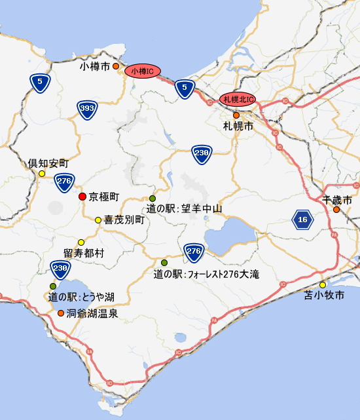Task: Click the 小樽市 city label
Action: (94, 66)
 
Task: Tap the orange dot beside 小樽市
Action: (116, 66)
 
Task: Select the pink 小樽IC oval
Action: (142, 71)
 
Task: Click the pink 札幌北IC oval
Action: (236, 100)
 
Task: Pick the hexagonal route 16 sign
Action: (302, 220)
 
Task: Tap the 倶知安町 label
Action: (48, 162)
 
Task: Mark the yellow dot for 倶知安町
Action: (42, 174)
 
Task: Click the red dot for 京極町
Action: (82, 197)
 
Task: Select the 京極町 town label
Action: (104, 197)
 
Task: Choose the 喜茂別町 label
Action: (124, 220)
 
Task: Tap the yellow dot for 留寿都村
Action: (81, 242)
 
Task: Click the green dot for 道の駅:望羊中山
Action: (153, 198)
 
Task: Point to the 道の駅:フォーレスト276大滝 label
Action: (206, 274)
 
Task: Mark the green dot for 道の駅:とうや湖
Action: (52, 286)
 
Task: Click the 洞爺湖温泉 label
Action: (92, 313)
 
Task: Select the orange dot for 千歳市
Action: (336, 210)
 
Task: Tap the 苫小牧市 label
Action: (325, 296)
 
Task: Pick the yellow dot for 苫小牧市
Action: (323, 284)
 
